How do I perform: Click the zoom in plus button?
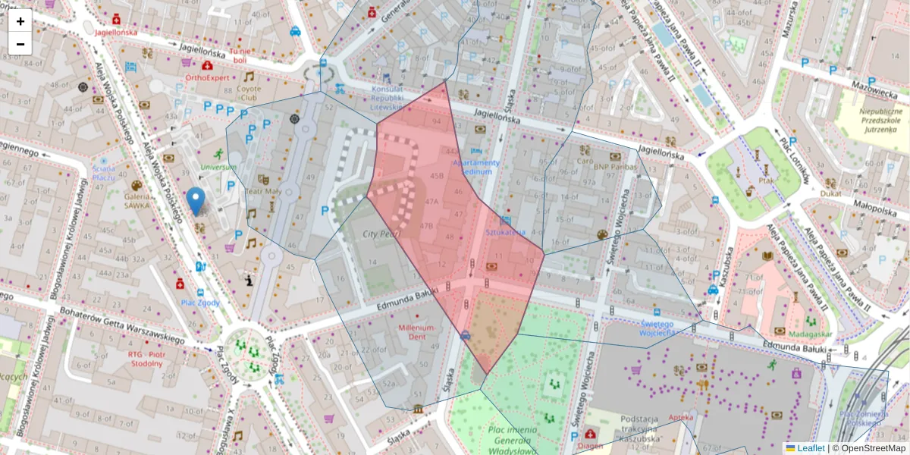click(20, 21)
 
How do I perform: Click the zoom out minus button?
click(20, 44)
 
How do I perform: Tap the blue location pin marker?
click(196, 202)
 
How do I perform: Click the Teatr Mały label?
click(262, 192)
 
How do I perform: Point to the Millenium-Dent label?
click(417, 331)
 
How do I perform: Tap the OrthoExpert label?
click(207, 77)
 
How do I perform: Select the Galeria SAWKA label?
click(136, 199)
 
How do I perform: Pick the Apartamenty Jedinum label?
click(476, 167)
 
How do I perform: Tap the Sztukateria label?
click(505, 232)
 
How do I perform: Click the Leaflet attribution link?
click(811, 448)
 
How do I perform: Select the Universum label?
click(218, 167)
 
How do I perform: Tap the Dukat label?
click(830, 193)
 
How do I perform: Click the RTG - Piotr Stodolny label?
click(146, 359)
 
